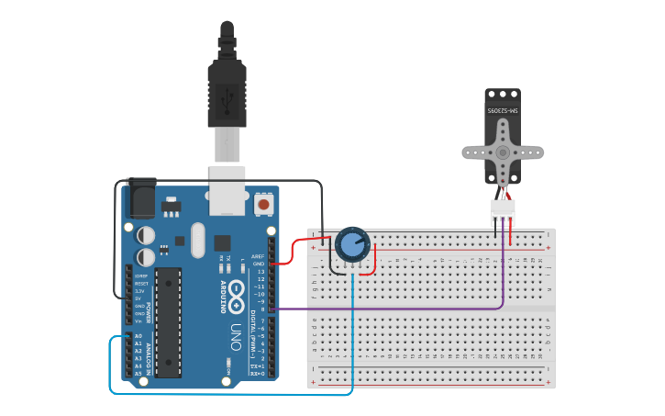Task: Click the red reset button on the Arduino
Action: [264, 204]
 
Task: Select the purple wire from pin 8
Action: [394, 309]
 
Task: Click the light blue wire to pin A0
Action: [229, 394]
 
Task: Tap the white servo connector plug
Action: [503, 210]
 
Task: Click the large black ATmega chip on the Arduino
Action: [168, 321]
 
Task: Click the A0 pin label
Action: [139, 336]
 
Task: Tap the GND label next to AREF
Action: [258, 264]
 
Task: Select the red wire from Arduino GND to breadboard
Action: [289, 253]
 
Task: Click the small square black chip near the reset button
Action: [223, 242]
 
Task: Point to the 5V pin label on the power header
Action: [139, 298]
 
